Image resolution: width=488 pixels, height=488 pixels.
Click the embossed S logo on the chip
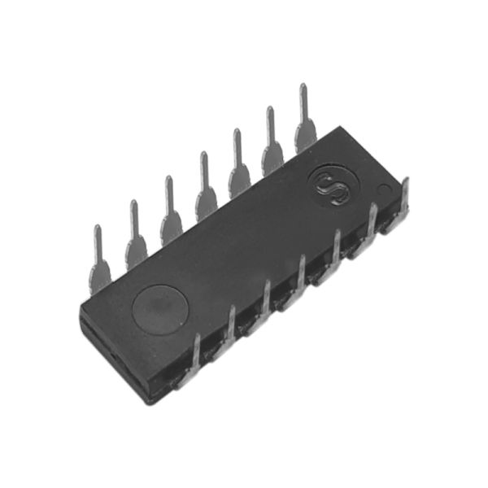click(x=332, y=190)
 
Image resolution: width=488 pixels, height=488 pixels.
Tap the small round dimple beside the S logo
click(x=385, y=190)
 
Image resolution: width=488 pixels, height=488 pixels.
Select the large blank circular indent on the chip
click(x=160, y=310)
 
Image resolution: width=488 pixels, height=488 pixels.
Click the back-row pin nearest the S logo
click(x=306, y=120)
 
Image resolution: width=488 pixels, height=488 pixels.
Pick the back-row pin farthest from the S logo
click(x=99, y=261)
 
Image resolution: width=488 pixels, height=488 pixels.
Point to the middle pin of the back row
click(x=206, y=187)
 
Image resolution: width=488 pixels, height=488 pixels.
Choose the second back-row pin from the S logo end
click(x=272, y=143)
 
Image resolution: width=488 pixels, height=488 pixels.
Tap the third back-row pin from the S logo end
click(x=238, y=164)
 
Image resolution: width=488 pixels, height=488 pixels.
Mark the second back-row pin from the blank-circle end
click(x=135, y=236)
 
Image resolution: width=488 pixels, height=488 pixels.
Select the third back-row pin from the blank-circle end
click(x=171, y=211)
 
